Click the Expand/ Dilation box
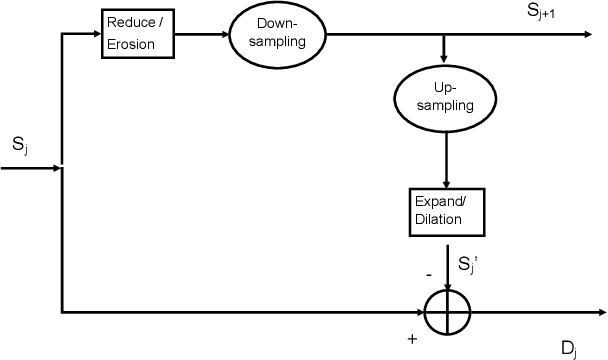[446, 210]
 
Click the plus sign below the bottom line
[412, 338]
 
